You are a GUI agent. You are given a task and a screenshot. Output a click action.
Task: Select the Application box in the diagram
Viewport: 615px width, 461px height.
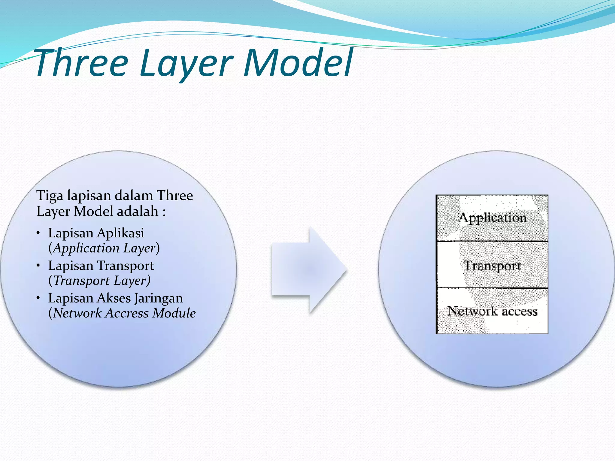tap(492, 218)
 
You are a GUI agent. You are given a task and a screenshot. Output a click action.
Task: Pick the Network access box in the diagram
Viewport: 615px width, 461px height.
tap(492, 311)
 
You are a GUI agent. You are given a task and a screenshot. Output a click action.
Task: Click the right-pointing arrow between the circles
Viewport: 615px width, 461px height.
tap(309, 269)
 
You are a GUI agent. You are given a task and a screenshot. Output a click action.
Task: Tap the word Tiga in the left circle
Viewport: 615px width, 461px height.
tap(50, 196)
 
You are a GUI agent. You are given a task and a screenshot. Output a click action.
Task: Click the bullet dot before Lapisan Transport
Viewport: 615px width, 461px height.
tap(38, 265)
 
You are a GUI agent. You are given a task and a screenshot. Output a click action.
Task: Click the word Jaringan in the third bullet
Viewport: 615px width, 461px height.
tap(158, 298)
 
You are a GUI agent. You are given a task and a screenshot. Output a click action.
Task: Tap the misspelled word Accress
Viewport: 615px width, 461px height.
tap(127, 313)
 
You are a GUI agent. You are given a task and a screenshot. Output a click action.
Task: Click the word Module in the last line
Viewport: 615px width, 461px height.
tap(174, 313)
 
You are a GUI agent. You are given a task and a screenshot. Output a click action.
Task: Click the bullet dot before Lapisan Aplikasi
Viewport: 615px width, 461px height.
tap(38, 233)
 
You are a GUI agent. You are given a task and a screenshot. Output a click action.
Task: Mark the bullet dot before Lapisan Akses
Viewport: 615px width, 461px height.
tap(38, 298)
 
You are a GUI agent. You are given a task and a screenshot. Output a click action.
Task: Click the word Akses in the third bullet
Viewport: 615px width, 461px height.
tap(114, 298)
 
